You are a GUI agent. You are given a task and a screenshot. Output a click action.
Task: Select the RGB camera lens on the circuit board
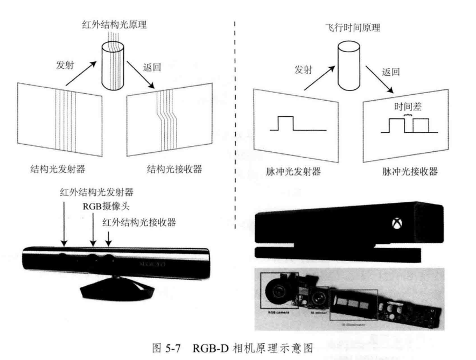tap(279, 290)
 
